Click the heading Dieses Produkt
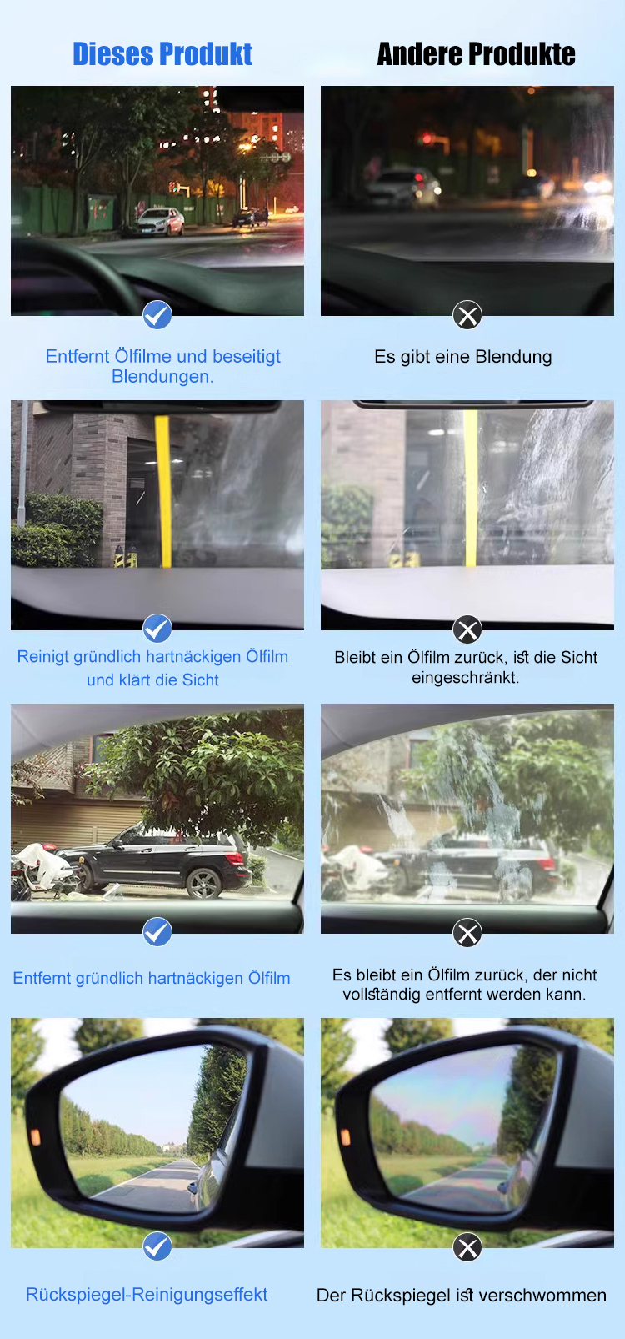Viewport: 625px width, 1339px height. point(162,54)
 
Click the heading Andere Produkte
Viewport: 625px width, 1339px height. point(476,54)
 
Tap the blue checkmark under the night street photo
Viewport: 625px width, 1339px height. point(157,315)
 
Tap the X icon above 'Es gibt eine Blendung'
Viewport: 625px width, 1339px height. point(467,315)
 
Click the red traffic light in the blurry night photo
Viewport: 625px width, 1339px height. point(427,138)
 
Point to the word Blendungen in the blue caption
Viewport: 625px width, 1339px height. point(162,377)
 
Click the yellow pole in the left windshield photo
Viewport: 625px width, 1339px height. point(163,491)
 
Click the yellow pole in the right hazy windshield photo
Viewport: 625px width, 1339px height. point(471,488)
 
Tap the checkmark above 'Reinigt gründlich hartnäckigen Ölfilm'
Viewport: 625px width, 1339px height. point(157,628)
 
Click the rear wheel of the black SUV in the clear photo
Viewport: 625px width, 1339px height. point(204,881)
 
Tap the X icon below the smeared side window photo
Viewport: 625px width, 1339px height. point(467,932)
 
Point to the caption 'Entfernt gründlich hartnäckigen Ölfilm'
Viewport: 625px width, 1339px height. point(152,979)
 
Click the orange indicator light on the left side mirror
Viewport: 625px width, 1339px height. point(35,1136)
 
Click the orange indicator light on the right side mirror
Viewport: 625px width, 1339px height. point(345,1136)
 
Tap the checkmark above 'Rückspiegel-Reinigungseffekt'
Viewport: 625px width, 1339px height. point(157,1246)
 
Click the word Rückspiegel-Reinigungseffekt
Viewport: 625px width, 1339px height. point(147,1295)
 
